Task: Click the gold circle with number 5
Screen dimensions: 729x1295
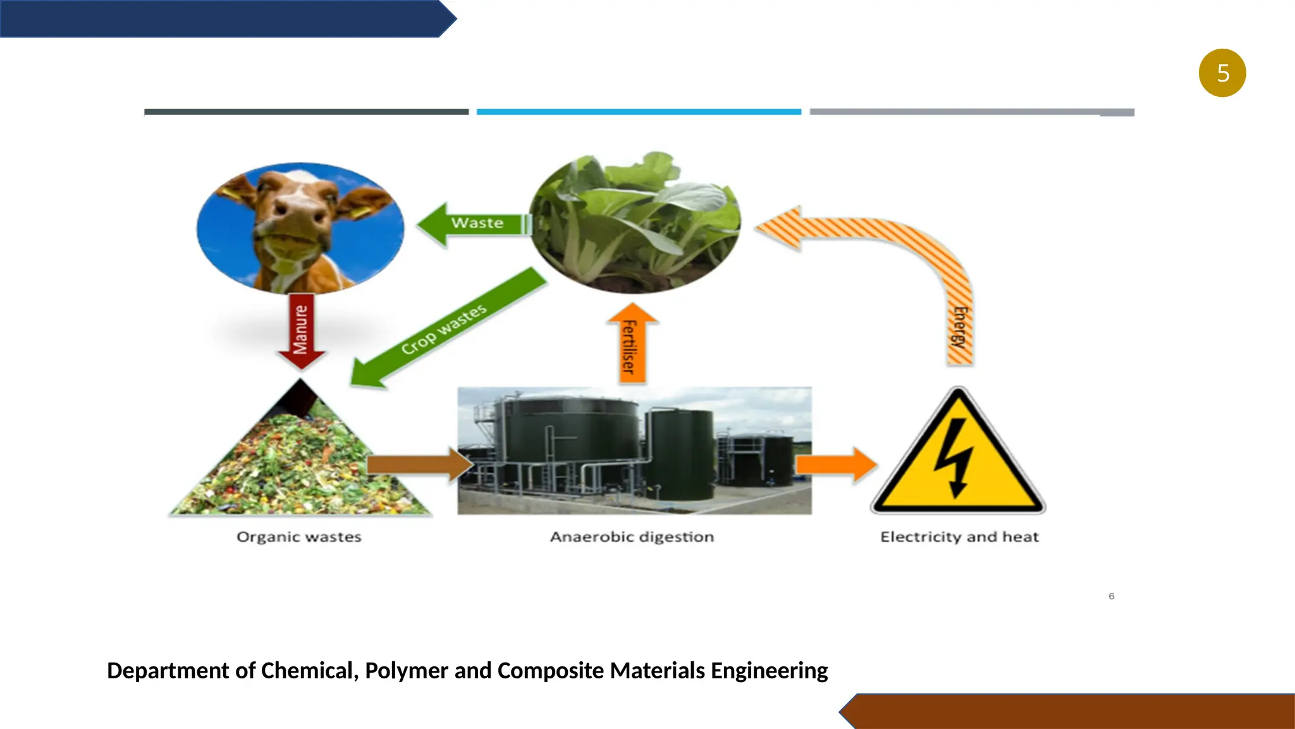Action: [1222, 73]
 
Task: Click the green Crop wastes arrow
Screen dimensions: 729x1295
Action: [446, 329]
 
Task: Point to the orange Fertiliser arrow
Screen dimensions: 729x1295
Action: [631, 345]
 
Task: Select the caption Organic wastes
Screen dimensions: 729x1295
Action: [299, 537]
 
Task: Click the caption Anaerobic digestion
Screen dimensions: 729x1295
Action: [632, 537]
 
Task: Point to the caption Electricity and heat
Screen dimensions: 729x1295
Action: [959, 537]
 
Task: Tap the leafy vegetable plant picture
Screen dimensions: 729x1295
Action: [635, 221]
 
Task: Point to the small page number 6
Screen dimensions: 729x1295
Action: [1112, 596]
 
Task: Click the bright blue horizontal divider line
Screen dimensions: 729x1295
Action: [639, 112]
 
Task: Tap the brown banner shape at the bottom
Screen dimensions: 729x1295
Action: [1075, 711]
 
